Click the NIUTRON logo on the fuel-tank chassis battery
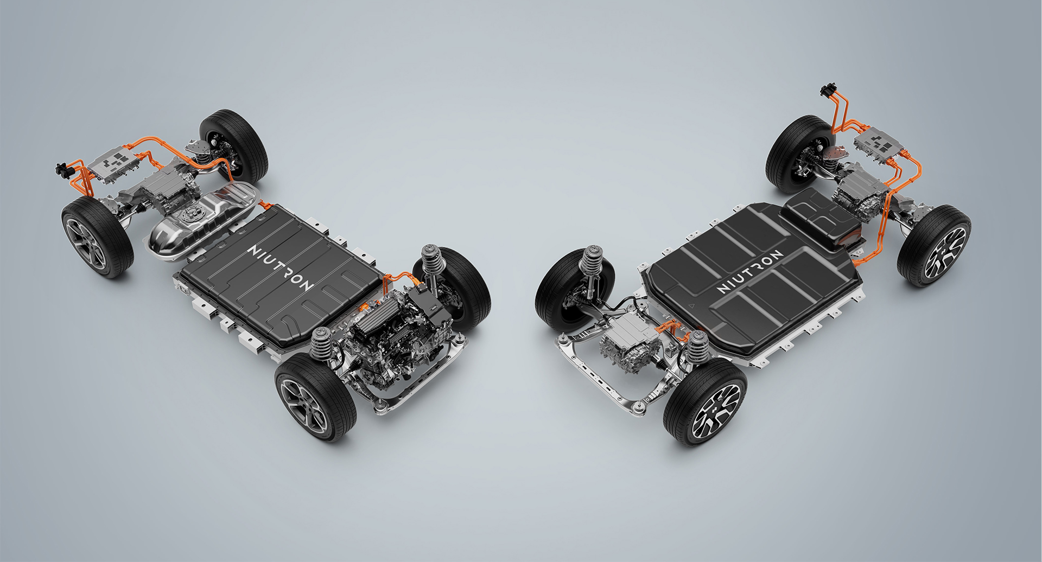(280, 267)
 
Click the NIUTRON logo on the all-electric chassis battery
(750, 271)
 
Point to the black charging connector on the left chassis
(63, 169)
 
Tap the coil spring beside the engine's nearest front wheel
(321, 345)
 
